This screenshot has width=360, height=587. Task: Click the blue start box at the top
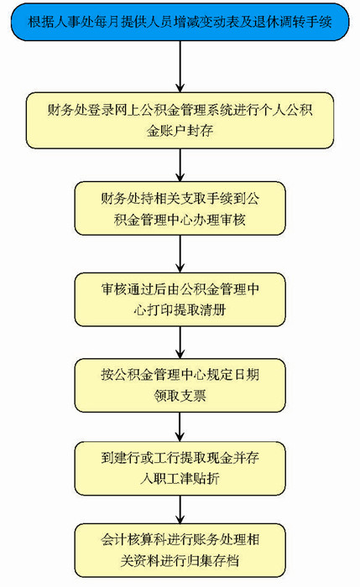(x=180, y=22)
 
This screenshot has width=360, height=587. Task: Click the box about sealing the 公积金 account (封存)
(x=180, y=120)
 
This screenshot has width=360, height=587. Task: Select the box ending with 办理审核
(x=180, y=209)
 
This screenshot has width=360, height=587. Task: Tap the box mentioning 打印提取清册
(x=180, y=299)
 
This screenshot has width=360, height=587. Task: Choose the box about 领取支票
(x=180, y=385)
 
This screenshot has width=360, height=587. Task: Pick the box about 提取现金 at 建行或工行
(x=180, y=468)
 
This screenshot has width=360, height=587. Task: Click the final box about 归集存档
(x=180, y=550)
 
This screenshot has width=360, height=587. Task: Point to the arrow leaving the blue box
(x=180, y=66)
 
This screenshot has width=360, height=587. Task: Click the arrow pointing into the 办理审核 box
(x=180, y=165)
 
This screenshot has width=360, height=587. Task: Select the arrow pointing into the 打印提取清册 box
(x=180, y=254)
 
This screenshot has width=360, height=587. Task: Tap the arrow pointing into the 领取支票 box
(x=180, y=342)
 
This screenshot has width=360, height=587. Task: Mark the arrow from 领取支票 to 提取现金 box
(x=180, y=427)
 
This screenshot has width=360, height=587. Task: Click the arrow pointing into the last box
(x=180, y=510)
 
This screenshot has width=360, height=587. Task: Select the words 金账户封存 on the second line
(x=180, y=131)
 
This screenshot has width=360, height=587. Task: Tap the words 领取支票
(x=180, y=395)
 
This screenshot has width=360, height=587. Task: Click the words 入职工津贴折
(x=180, y=479)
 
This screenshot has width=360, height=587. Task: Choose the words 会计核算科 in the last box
(x=133, y=539)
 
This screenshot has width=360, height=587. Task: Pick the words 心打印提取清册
(x=180, y=310)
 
